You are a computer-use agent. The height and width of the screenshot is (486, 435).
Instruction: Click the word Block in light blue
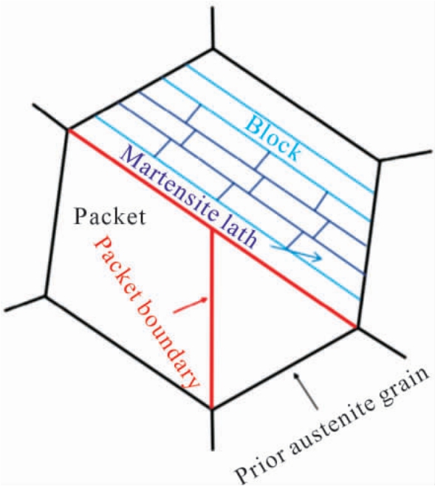click(274, 139)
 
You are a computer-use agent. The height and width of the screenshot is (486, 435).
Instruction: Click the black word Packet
click(110, 217)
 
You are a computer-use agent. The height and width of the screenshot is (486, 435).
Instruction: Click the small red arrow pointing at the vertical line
click(190, 305)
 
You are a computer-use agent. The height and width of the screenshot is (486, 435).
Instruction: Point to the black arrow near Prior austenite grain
click(307, 392)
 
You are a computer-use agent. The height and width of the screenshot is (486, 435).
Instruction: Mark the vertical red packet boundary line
click(212, 320)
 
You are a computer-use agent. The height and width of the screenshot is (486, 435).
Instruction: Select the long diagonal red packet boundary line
click(213, 229)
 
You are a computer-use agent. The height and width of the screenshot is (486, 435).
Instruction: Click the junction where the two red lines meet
click(212, 229)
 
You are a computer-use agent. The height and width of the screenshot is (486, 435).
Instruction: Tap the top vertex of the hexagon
click(213, 48)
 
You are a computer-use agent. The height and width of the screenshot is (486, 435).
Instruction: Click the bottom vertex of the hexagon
click(212, 409)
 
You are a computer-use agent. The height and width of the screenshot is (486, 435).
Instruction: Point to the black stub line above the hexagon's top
click(213, 27)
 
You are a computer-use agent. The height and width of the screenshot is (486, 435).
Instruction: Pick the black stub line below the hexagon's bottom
click(212, 430)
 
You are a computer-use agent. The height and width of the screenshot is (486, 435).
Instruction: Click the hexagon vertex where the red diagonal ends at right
click(357, 328)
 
